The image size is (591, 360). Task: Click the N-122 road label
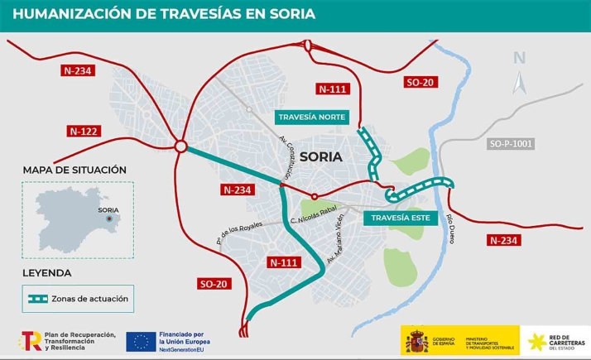tap(83, 131)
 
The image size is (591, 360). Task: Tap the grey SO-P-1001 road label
tap(511, 144)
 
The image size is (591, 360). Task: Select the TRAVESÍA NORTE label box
tap(311, 117)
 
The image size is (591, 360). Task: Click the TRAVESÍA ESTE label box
tap(398, 218)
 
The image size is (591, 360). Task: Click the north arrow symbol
tap(520, 83)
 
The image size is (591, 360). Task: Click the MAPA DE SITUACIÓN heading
tap(74, 170)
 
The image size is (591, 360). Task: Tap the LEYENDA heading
tap(47, 272)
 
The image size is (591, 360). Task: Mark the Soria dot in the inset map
tap(108, 219)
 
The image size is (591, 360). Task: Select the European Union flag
tap(141, 340)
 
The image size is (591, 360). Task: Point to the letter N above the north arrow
tap(519, 58)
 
